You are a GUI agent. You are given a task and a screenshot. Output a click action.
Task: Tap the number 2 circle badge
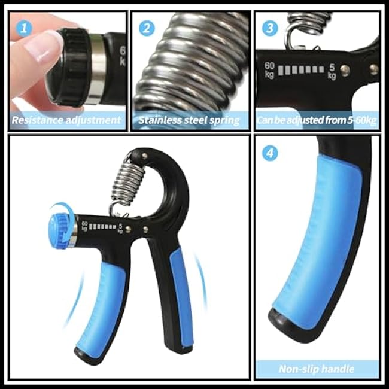pyautogui.click(x=147, y=28)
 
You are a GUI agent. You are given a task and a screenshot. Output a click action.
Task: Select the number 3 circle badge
pyautogui.click(x=270, y=28)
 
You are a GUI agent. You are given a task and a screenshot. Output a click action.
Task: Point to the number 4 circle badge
pyautogui.click(x=271, y=153)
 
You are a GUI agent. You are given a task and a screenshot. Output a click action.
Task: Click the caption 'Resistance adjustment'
pyautogui.click(x=67, y=120)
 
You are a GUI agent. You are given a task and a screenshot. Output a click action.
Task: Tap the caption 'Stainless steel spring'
pyautogui.click(x=189, y=120)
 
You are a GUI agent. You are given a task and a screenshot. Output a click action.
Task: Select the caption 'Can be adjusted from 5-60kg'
pyautogui.click(x=317, y=120)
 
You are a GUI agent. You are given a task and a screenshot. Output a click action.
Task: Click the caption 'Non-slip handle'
pyautogui.click(x=317, y=369)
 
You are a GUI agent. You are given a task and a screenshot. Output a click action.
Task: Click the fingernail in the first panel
pyautogui.click(x=42, y=46)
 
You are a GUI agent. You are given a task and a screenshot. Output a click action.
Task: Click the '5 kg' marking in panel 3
pyautogui.click(x=332, y=72)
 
